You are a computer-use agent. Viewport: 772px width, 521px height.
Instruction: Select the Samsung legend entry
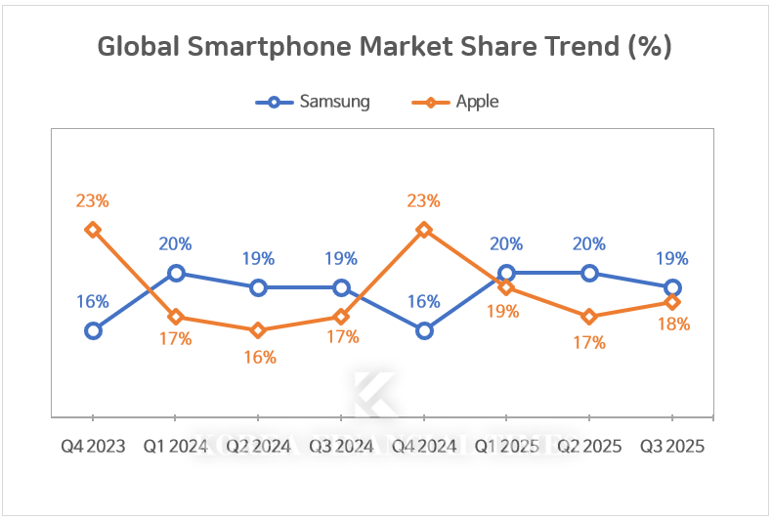click(312, 102)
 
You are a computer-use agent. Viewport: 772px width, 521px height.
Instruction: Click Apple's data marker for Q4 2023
click(93, 230)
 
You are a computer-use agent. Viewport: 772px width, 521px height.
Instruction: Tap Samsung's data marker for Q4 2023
click(93, 330)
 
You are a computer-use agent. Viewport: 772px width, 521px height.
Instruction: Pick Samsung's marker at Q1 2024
click(176, 273)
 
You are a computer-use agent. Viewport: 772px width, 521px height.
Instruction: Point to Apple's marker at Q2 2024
click(258, 330)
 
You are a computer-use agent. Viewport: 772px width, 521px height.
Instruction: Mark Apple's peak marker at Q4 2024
click(424, 230)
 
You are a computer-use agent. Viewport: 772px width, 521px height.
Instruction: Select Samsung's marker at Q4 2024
click(424, 330)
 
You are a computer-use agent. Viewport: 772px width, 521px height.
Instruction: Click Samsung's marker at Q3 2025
click(672, 287)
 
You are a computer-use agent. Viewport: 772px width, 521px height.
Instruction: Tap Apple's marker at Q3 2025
click(672, 302)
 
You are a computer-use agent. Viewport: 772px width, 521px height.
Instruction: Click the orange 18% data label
click(673, 324)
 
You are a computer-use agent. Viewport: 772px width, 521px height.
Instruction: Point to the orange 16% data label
click(259, 357)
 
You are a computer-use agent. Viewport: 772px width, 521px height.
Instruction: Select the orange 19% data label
click(505, 313)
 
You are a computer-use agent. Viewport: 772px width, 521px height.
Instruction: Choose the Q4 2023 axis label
click(93, 446)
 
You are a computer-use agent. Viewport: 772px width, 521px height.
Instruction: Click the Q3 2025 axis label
click(672, 446)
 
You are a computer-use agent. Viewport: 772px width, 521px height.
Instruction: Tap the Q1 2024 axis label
click(176, 446)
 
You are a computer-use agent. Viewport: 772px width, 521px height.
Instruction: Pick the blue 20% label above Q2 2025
click(589, 244)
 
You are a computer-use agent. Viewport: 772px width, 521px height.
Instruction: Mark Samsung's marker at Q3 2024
click(341, 287)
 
